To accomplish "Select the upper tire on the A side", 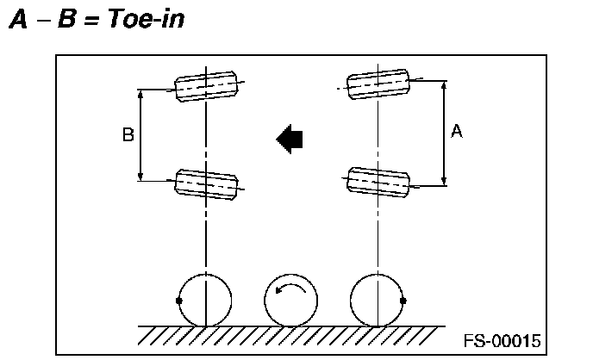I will click(x=378, y=83).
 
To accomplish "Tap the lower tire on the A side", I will click(x=378, y=178).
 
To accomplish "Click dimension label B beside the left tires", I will click(x=127, y=135).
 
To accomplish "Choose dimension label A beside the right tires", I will click(x=457, y=131).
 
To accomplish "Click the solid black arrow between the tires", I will click(x=290, y=138).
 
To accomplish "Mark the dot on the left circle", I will click(x=178, y=301).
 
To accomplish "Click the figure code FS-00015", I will click(x=502, y=340).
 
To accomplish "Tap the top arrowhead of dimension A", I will click(x=443, y=85).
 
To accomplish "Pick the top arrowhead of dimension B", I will click(x=141, y=93).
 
